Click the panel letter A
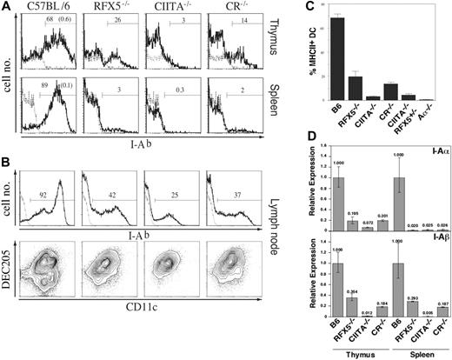click(6, 7)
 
